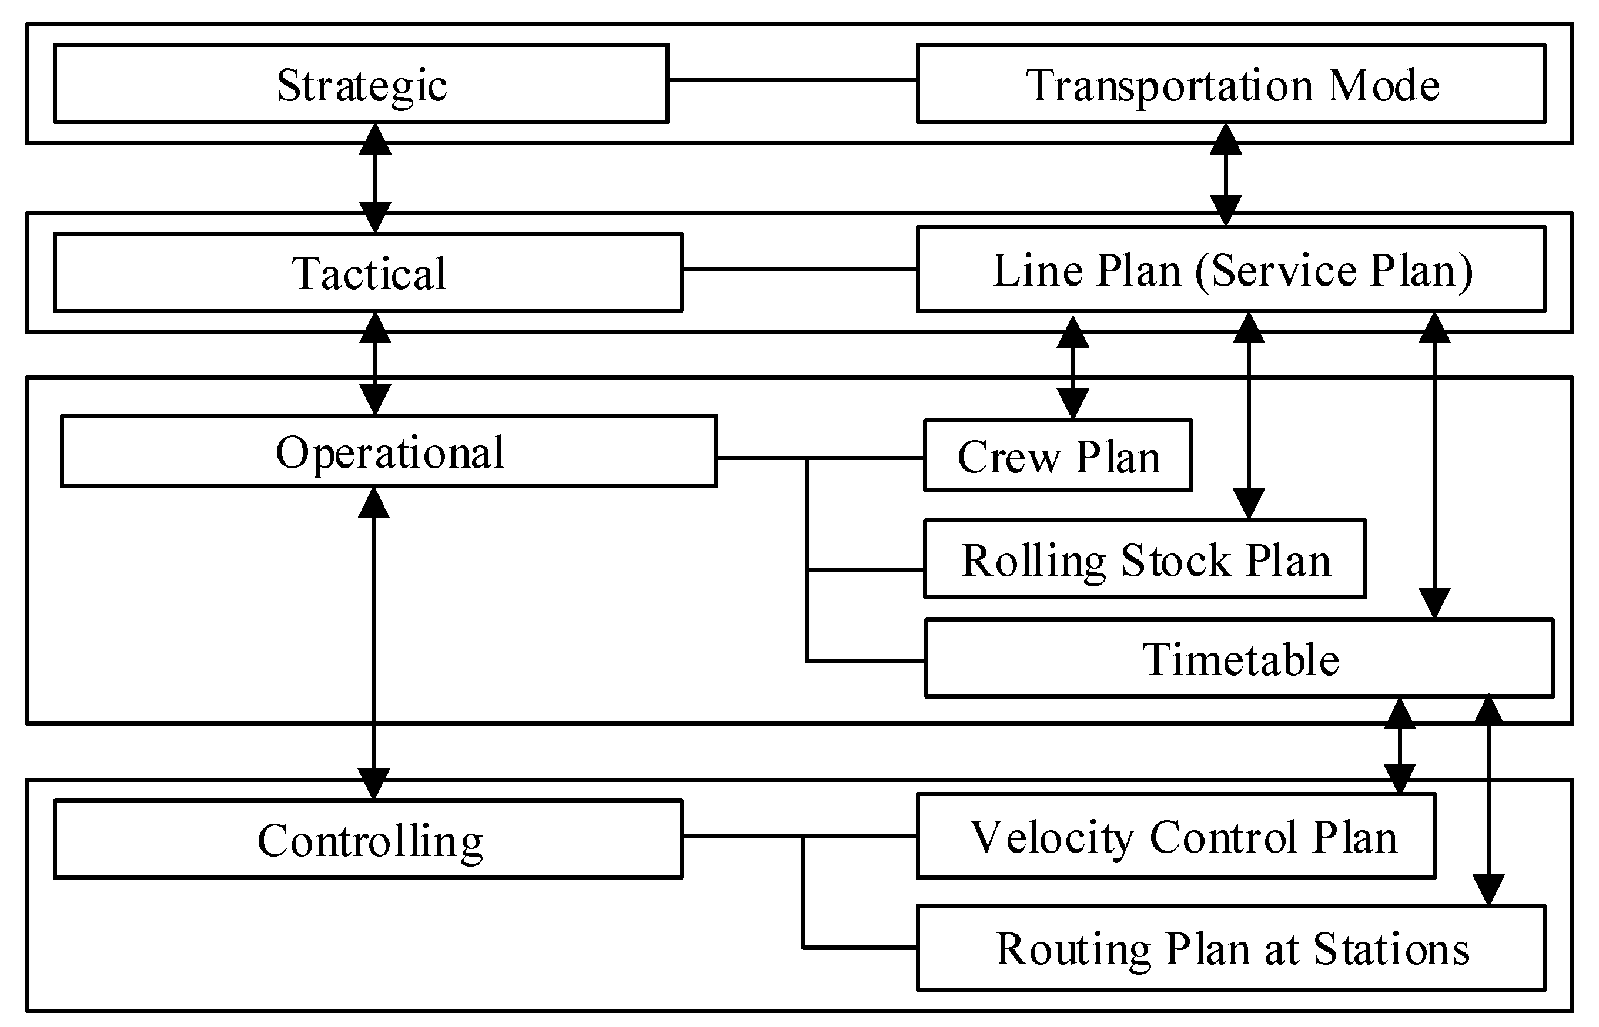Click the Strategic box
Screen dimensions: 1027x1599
point(361,84)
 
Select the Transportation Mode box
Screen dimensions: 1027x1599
point(1231,84)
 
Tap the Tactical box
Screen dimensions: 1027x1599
point(367,273)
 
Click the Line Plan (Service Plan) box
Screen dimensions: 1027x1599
point(1231,270)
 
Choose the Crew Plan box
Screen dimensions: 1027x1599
point(1058,456)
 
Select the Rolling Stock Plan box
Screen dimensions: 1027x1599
point(1145,559)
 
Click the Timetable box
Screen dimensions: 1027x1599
point(1239,659)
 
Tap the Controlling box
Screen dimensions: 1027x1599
point(367,840)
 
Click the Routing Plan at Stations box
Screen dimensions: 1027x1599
point(1231,948)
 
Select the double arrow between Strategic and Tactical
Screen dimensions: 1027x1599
point(375,178)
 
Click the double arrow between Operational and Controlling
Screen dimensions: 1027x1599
point(373,643)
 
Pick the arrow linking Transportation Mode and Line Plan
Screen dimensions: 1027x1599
point(1226,174)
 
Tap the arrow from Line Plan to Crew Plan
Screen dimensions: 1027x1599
point(1073,367)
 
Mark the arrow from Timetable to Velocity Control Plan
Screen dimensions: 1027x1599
point(1400,747)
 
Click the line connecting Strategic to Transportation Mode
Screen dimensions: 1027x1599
point(792,80)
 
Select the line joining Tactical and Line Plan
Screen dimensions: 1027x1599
point(799,269)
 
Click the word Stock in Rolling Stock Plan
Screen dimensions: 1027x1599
point(1175,560)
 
